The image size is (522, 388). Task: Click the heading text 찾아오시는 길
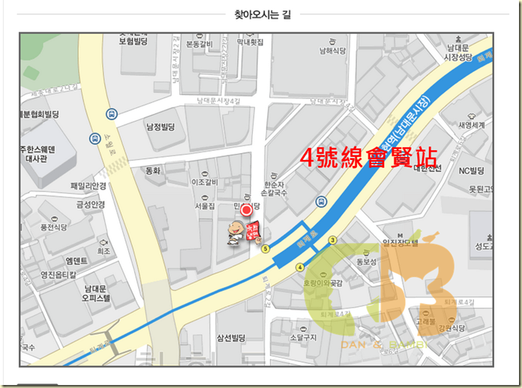(x=262, y=14)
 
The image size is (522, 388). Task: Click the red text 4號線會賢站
(x=368, y=158)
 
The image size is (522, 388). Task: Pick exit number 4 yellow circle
(x=299, y=266)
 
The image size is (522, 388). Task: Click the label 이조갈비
(x=204, y=182)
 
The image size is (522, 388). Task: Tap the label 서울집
(x=205, y=206)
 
